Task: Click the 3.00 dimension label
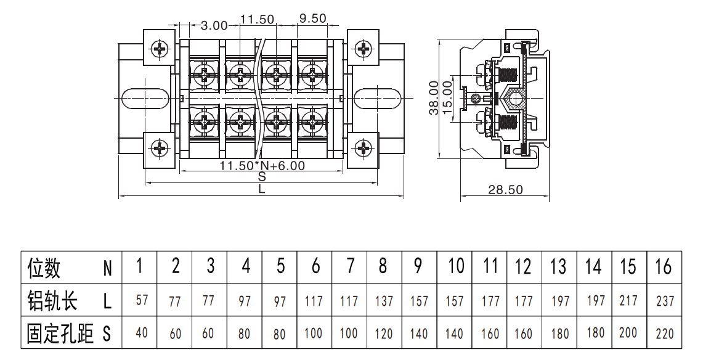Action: [214, 25]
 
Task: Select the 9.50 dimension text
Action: [312, 18]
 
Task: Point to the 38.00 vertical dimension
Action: [434, 98]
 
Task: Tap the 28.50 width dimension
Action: [505, 190]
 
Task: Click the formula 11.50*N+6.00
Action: [262, 166]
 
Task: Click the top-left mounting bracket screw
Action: [160, 48]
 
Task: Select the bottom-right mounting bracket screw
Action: [363, 148]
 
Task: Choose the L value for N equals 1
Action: [142, 300]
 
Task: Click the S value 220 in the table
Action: [664, 333]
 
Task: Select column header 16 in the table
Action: [664, 266]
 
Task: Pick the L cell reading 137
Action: [384, 301]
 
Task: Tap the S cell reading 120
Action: [384, 334]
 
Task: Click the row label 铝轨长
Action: [52, 300]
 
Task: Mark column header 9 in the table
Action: [418, 266]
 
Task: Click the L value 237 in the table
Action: [665, 301]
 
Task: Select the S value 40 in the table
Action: [142, 333]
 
